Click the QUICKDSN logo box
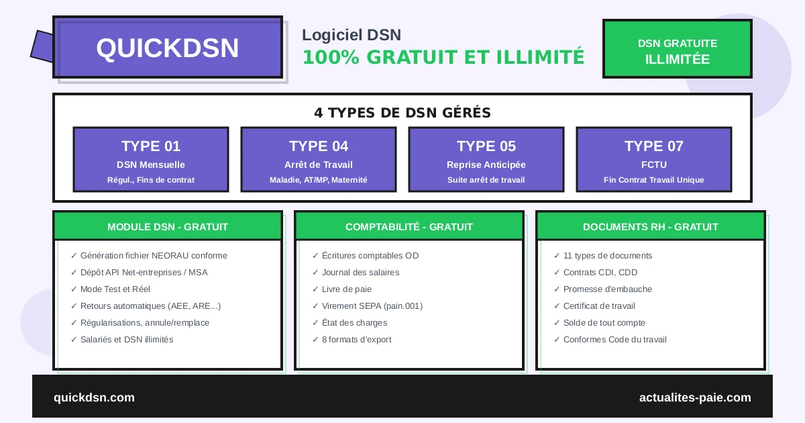click(x=168, y=48)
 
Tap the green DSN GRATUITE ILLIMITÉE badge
click(x=677, y=49)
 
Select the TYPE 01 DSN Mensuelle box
click(x=151, y=160)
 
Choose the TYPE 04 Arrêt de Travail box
click(x=319, y=160)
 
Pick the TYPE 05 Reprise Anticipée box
click(x=486, y=160)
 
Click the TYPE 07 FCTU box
click(x=654, y=160)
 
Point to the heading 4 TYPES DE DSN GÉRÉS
click(x=402, y=113)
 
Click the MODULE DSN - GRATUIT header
click(x=168, y=226)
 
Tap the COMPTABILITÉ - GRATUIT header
click(x=409, y=226)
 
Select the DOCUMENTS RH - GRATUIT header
click(x=651, y=226)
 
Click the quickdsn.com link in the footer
click(x=94, y=397)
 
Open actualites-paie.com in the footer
click(x=695, y=397)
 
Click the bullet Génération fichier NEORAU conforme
click(x=153, y=256)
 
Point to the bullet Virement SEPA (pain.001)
click(x=372, y=306)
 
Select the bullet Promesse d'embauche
click(x=607, y=289)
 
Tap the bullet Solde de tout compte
click(x=604, y=323)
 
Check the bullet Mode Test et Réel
click(x=115, y=289)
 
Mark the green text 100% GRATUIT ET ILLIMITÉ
click(x=443, y=57)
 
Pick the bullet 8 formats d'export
click(x=356, y=340)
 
